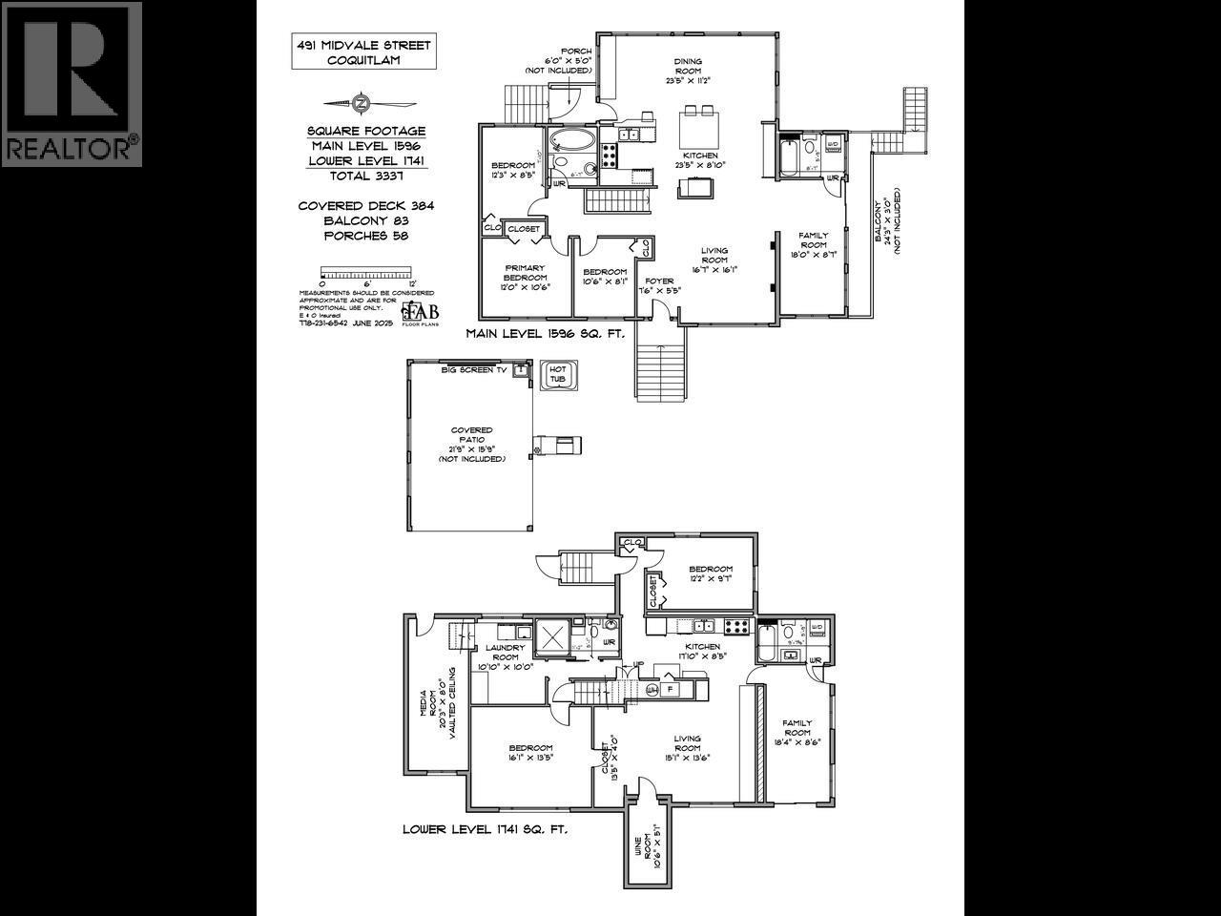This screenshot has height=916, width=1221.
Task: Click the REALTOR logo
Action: [72, 84]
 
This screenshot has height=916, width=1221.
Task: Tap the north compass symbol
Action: [361, 103]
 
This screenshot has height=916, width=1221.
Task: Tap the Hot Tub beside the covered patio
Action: [556, 376]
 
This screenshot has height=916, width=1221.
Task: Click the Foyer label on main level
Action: [660, 285]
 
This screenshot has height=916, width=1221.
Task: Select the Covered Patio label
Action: [471, 445]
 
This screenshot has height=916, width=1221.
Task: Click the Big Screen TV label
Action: [473, 369]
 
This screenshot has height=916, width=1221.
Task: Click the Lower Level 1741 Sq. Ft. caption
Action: [485, 830]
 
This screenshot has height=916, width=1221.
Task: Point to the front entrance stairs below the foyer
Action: [661, 372]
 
